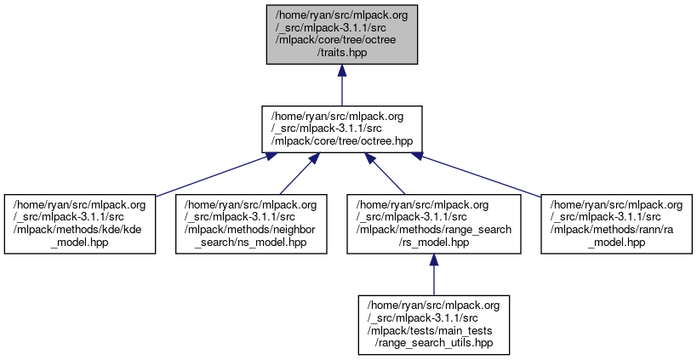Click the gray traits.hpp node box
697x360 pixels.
(341, 33)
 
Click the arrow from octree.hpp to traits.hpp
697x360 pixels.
(341, 85)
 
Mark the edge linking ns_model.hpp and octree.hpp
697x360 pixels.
(296, 174)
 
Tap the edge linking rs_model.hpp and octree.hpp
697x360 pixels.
(386, 174)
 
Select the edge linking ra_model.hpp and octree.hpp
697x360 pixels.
(478, 174)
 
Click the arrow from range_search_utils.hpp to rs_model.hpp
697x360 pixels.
(432, 273)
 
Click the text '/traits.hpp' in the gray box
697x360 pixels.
(341, 52)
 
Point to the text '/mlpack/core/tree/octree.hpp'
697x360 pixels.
(341, 141)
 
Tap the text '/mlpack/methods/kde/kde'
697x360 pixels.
(80, 230)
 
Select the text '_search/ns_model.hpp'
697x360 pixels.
(250, 242)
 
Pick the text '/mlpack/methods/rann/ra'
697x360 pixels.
(616, 230)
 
